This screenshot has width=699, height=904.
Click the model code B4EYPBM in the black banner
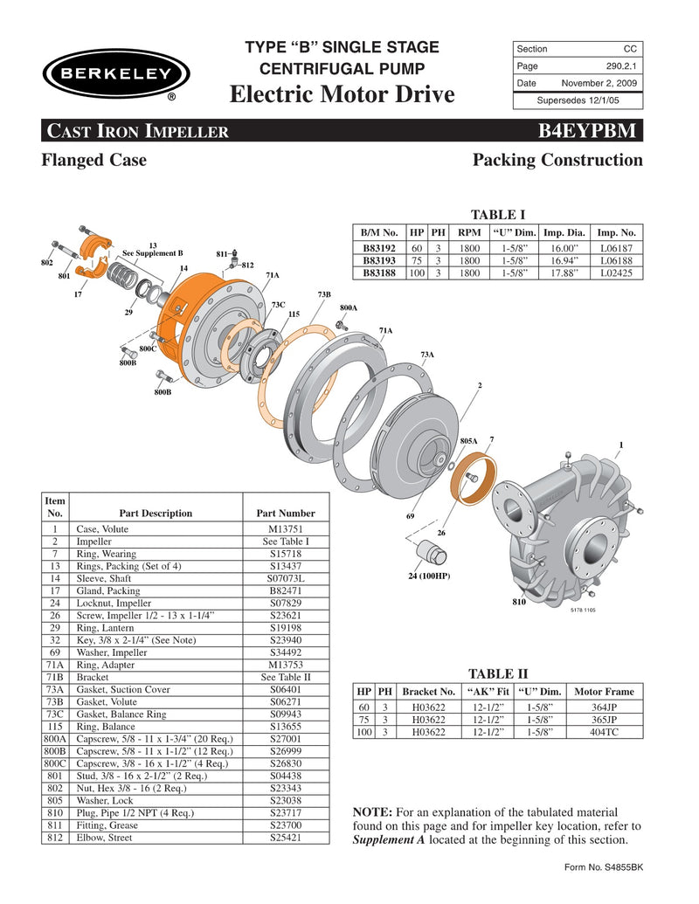[591, 132]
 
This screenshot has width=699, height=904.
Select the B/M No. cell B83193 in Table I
[379, 260]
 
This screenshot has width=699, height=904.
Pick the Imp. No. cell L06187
[616, 248]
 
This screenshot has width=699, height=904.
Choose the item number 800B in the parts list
[55, 751]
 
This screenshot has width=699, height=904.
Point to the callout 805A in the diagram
[468, 442]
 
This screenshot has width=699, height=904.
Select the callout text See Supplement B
[153, 253]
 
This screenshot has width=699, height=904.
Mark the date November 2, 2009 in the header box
[599, 83]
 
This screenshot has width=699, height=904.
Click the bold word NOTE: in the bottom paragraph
[370, 812]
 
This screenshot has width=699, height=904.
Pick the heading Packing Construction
[557, 160]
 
